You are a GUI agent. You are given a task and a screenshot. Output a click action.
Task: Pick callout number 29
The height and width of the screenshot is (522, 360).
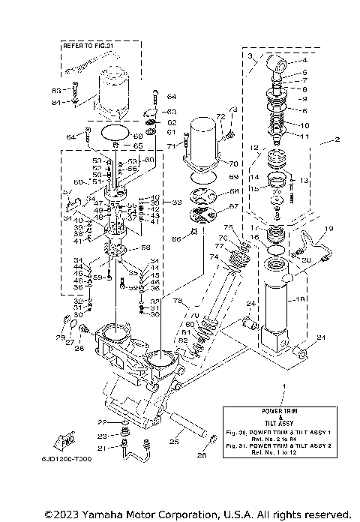[61, 338]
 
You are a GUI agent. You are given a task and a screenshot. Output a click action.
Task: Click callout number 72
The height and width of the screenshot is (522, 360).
[220, 118]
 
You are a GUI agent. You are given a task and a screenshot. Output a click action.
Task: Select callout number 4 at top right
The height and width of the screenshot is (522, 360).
[304, 60]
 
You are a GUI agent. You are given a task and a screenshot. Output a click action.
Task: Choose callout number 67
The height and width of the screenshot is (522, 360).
[233, 206]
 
